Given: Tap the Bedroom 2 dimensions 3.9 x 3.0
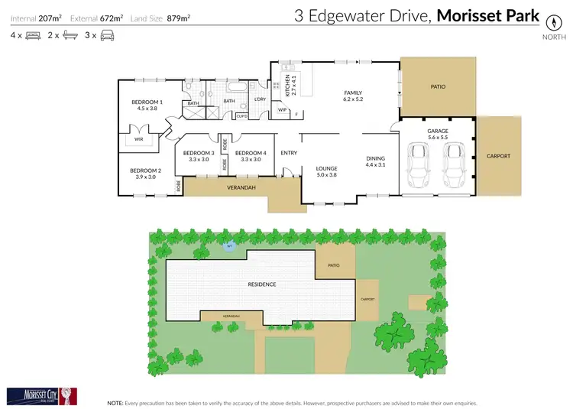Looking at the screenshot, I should [144, 177].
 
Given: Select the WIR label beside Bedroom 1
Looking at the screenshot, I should [138, 140].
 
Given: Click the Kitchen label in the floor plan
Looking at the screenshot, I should [288, 85].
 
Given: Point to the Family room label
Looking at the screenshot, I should [352, 93].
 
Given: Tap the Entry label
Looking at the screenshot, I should [289, 153].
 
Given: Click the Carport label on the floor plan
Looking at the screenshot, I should [497, 156].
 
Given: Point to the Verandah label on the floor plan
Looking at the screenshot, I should [241, 187].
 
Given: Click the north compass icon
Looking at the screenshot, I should [549, 21].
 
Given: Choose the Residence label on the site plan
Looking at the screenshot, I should [261, 284].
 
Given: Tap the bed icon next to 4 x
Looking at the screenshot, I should [33, 35].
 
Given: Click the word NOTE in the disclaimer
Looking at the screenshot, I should [115, 401].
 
